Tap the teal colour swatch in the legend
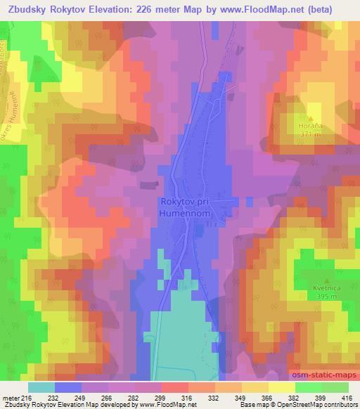(41, 387)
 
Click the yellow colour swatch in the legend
(282, 387)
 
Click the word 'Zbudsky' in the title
(27, 9)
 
